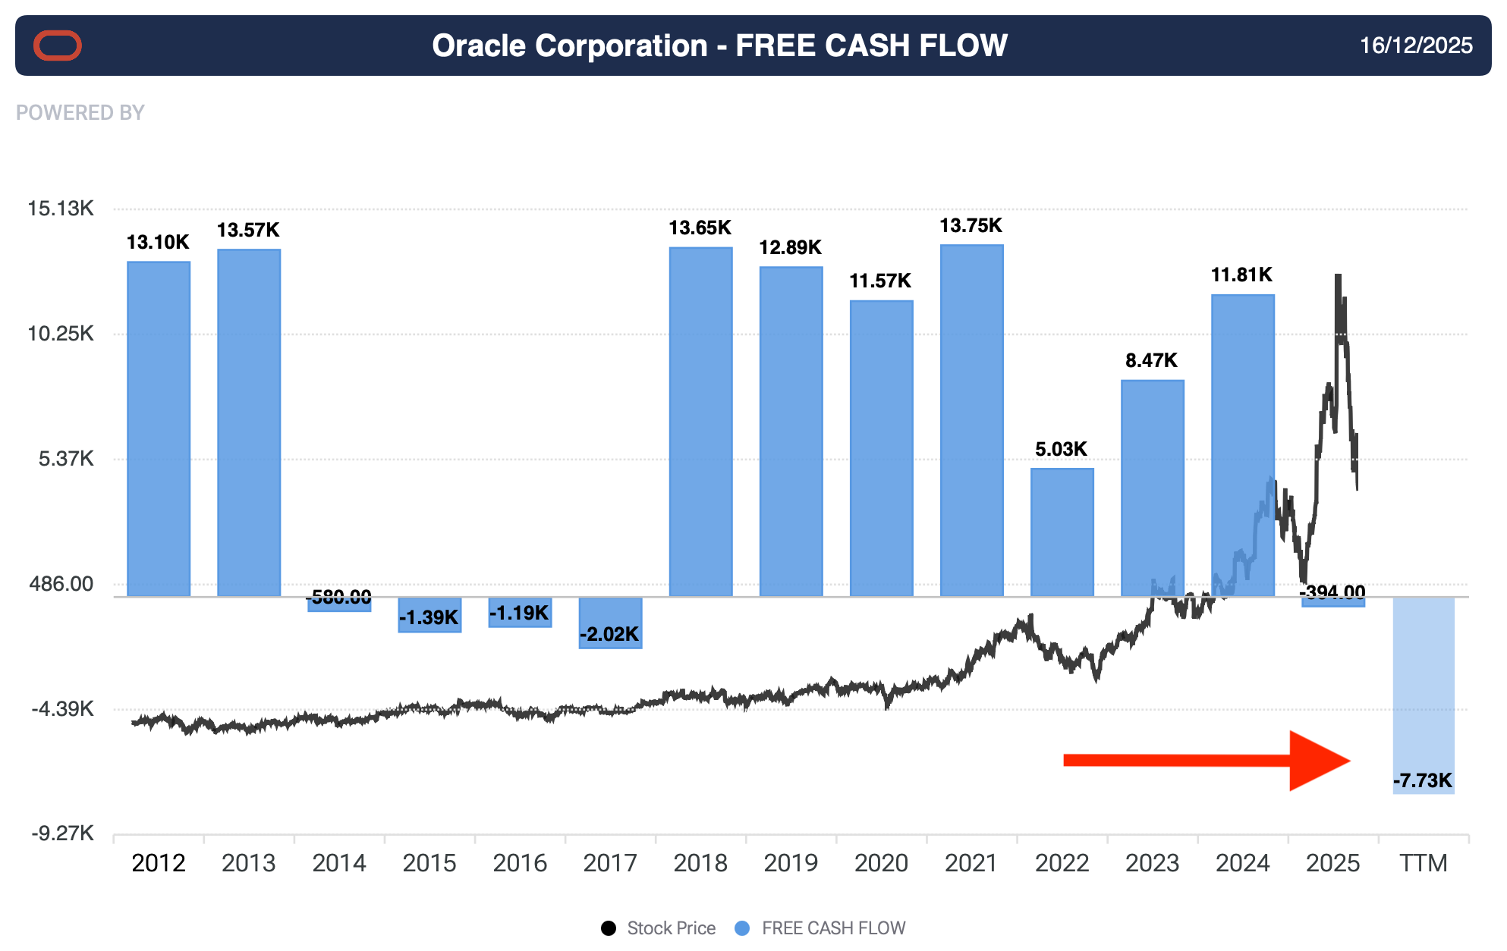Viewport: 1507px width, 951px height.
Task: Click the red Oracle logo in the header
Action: point(57,46)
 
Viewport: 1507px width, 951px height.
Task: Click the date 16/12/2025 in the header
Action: point(1416,46)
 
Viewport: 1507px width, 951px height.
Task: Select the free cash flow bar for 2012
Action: point(159,428)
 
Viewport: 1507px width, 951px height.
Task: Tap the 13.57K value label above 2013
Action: point(248,230)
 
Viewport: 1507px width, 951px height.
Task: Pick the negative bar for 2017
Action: point(610,623)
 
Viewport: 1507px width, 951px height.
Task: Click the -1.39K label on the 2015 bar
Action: point(429,617)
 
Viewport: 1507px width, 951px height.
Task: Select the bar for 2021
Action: point(971,421)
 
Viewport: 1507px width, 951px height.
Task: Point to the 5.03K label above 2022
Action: point(1061,449)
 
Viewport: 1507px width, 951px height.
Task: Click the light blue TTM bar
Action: point(1424,683)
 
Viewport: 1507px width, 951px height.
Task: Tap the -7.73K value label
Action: point(1423,780)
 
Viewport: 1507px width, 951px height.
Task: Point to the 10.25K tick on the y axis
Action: point(61,334)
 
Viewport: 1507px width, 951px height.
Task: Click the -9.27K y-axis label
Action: point(62,833)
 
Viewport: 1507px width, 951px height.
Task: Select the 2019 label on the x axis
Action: point(791,863)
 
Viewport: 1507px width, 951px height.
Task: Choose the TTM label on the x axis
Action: point(1424,863)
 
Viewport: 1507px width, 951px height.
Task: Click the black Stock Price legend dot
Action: point(609,928)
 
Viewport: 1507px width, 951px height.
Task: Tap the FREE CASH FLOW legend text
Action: point(833,928)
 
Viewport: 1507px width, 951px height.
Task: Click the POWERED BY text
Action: point(80,113)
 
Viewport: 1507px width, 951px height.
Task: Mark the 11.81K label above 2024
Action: point(1241,275)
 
